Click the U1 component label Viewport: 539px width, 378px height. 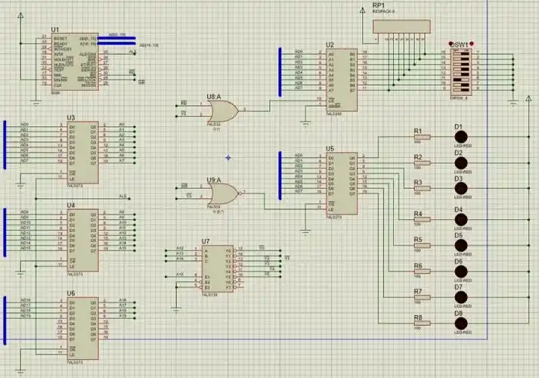55,29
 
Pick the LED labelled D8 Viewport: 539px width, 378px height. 459,324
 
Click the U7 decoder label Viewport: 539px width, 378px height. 206,242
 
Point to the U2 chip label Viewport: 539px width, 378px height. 330,45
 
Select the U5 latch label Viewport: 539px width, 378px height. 330,149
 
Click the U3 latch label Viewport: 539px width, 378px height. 71,117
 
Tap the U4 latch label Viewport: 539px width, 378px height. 71,205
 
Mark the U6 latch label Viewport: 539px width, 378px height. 71,293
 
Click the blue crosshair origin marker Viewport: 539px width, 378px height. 228,157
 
